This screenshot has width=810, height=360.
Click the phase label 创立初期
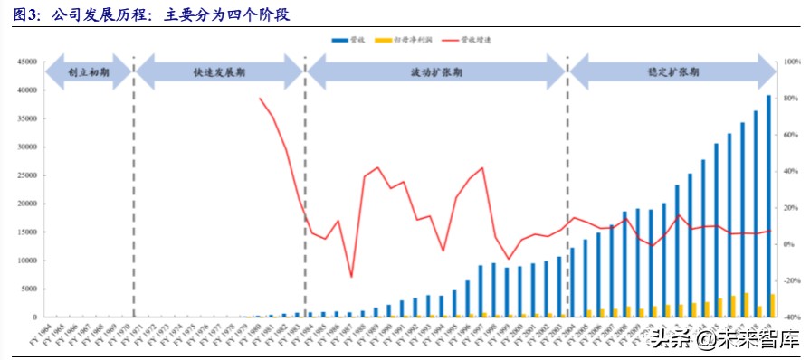tap(89, 74)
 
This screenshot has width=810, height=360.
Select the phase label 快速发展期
tap(219, 74)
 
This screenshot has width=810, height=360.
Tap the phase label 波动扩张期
tap(436, 74)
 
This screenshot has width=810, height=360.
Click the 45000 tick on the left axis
tap(25, 62)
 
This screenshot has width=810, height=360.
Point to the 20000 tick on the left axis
tap(25, 204)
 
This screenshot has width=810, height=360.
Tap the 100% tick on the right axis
tap(790, 62)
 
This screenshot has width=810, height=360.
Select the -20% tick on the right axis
tap(790, 280)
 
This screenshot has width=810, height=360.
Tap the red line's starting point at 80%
tap(260, 98)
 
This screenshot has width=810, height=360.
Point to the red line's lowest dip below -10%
tap(351, 277)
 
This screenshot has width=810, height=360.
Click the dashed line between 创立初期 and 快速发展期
tap(134, 181)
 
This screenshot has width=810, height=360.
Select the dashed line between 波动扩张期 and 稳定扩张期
tap(567, 181)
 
